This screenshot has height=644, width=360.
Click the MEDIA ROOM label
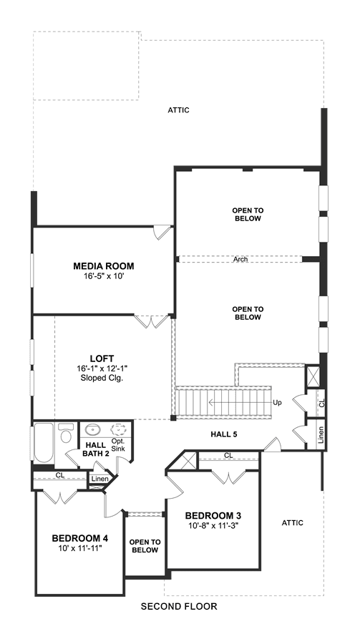tap(104, 266)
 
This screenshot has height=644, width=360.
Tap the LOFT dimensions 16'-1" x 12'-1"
tap(102, 369)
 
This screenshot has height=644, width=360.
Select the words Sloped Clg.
tap(102, 378)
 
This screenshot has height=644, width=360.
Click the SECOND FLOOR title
tap(179, 606)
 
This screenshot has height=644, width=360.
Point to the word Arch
tap(240, 260)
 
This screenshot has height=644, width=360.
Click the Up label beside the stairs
tap(278, 403)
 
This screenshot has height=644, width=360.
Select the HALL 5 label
tap(224, 434)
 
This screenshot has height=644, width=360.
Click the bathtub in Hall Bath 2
tap(44, 443)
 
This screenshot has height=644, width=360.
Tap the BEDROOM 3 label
tap(213, 515)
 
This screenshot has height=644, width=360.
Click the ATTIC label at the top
tap(179, 110)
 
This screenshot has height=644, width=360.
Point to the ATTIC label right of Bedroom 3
tap(293, 523)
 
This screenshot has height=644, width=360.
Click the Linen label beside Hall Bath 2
tap(100, 479)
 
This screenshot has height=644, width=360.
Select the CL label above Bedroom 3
tap(228, 456)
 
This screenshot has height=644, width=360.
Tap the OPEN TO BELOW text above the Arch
tap(248, 215)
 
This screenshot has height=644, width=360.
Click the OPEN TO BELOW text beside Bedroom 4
tap(145, 546)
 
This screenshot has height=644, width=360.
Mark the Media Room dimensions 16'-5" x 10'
tap(104, 276)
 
